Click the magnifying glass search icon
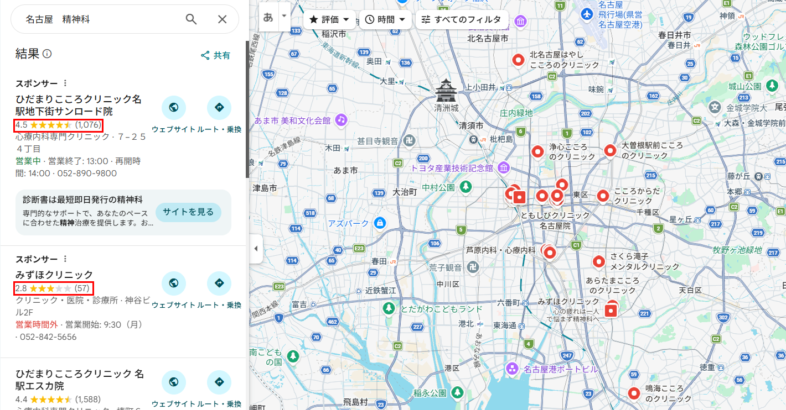click(x=191, y=19)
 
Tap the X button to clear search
click(x=222, y=19)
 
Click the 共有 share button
click(x=216, y=55)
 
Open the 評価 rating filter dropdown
click(x=329, y=19)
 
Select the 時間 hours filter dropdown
click(x=385, y=19)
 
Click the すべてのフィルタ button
click(x=461, y=19)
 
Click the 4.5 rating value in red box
click(x=22, y=124)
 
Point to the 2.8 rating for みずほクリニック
click(x=21, y=288)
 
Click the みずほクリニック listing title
click(x=54, y=275)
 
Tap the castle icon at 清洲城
click(x=446, y=89)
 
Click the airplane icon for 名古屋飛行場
click(x=587, y=14)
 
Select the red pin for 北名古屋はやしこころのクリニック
click(x=518, y=59)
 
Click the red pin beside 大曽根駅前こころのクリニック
click(x=610, y=150)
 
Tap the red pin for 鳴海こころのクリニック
click(x=634, y=393)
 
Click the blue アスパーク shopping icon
click(x=379, y=223)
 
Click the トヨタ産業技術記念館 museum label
click(x=451, y=167)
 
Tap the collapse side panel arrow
click(x=256, y=249)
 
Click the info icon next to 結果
click(x=47, y=54)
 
